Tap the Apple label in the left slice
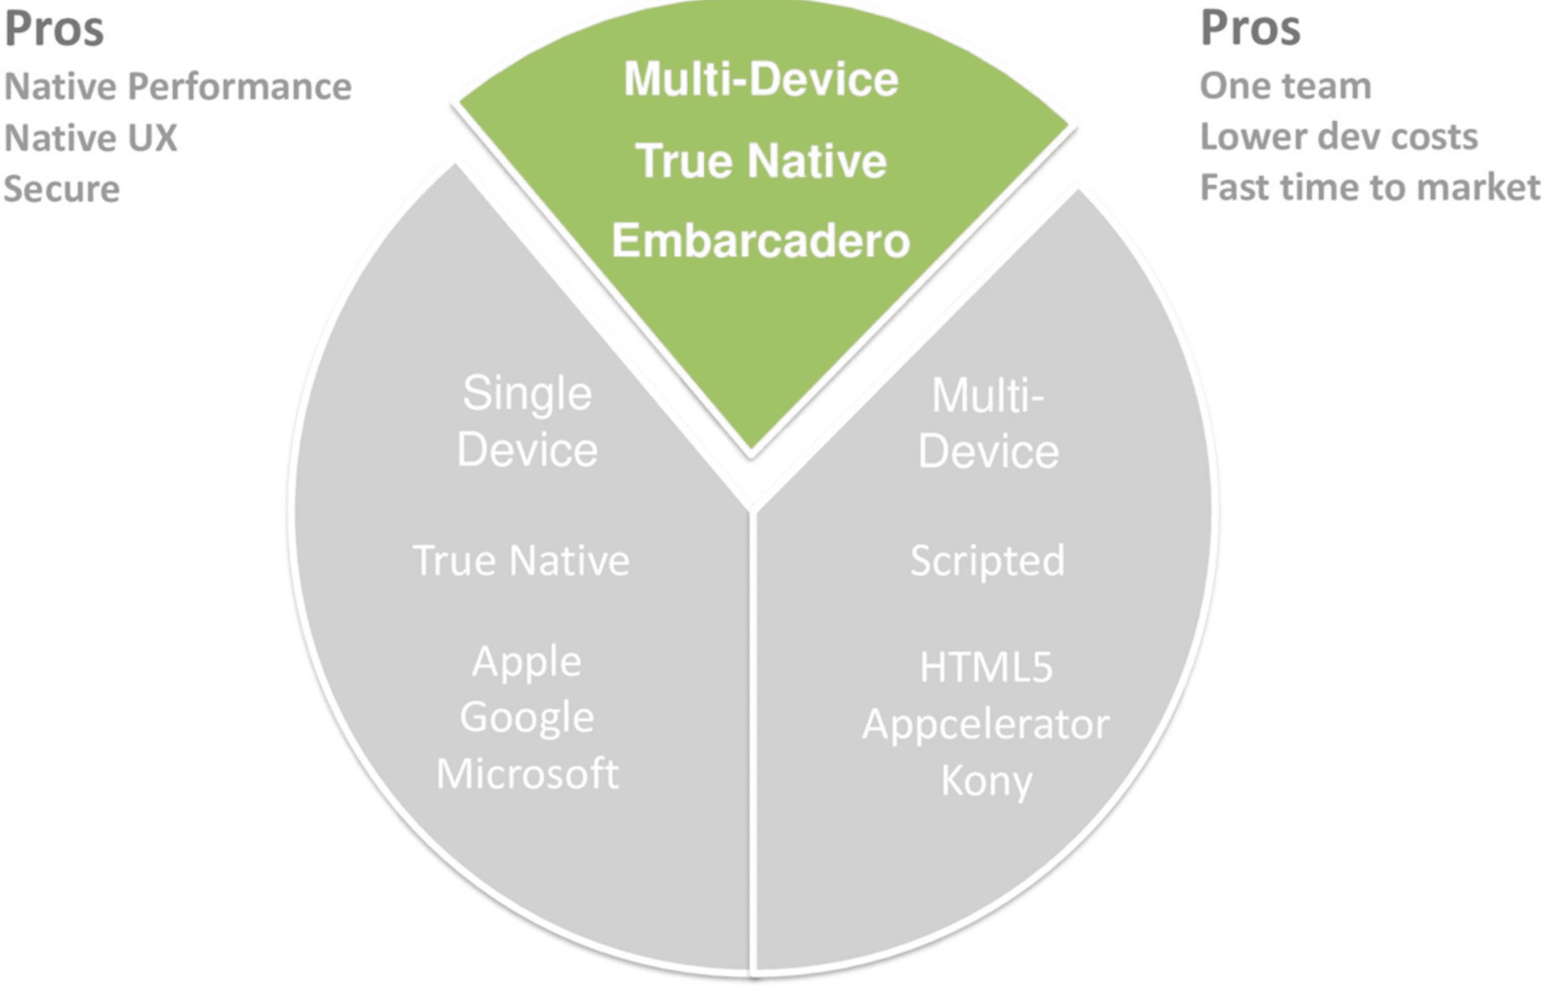(x=527, y=661)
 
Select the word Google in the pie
(x=527, y=718)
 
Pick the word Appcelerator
(x=985, y=725)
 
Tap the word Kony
(x=986, y=781)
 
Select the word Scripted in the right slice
(x=988, y=561)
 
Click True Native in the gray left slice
(x=521, y=561)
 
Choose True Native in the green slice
(x=761, y=161)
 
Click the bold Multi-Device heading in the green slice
(x=761, y=79)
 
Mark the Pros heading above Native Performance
(x=54, y=29)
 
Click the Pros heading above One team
(x=1250, y=29)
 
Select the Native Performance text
(x=178, y=86)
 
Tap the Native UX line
(x=90, y=137)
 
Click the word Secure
(x=62, y=189)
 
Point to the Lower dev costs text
(x=1339, y=137)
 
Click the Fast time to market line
(x=1370, y=188)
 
